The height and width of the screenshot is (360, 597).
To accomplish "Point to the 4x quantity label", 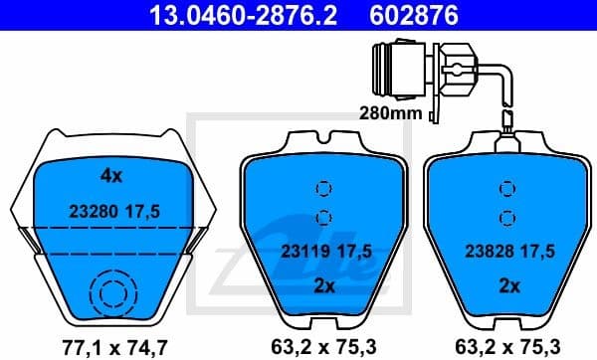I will (x=110, y=176).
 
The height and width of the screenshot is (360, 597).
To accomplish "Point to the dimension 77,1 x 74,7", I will (x=111, y=347).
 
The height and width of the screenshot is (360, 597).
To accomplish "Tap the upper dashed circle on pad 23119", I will (x=320, y=188).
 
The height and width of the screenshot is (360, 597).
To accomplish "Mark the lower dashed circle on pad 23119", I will (x=320, y=217).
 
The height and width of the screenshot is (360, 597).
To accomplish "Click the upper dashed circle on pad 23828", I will (x=507, y=188).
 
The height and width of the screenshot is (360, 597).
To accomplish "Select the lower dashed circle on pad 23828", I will (x=507, y=217).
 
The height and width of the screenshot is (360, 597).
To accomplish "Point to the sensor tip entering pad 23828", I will (x=507, y=127).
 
